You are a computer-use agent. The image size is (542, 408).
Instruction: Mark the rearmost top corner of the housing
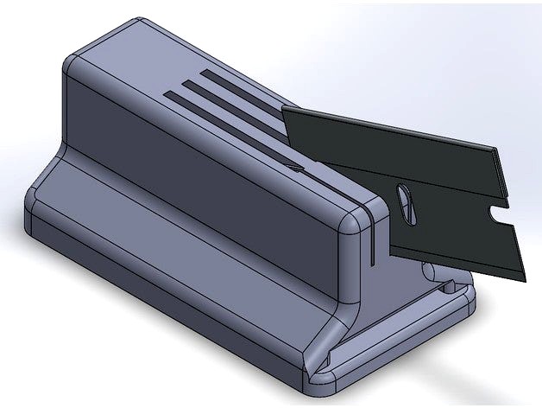pos(138,22)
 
